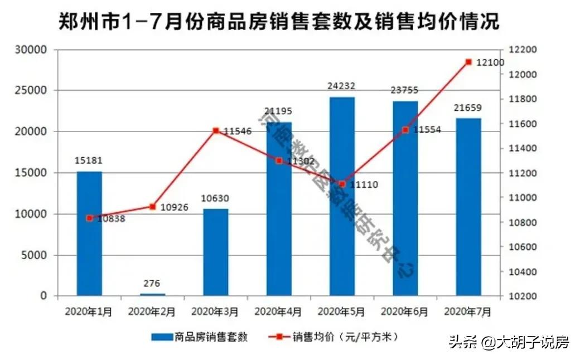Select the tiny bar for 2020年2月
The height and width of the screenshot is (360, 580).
click(x=152, y=294)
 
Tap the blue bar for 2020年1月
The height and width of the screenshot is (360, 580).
click(x=89, y=233)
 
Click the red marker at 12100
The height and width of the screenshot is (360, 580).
click(x=468, y=62)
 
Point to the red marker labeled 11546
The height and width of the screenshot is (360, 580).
click(x=216, y=130)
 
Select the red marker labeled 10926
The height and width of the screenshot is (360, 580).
click(x=152, y=207)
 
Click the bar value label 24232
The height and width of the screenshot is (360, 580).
click(x=342, y=86)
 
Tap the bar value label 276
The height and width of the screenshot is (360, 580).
click(x=152, y=283)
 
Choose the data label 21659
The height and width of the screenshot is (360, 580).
click(x=468, y=108)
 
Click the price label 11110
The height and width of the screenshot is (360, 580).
click(x=363, y=184)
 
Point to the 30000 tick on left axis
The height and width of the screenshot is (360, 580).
click(x=32, y=50)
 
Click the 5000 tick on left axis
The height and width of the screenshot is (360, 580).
click(x=35, y=255)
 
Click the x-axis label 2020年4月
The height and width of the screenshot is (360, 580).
click(x=278, y=312)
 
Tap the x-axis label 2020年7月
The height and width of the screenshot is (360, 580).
click(x=468, y=312)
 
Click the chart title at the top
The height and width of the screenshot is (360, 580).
click(x=279, y=22)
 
